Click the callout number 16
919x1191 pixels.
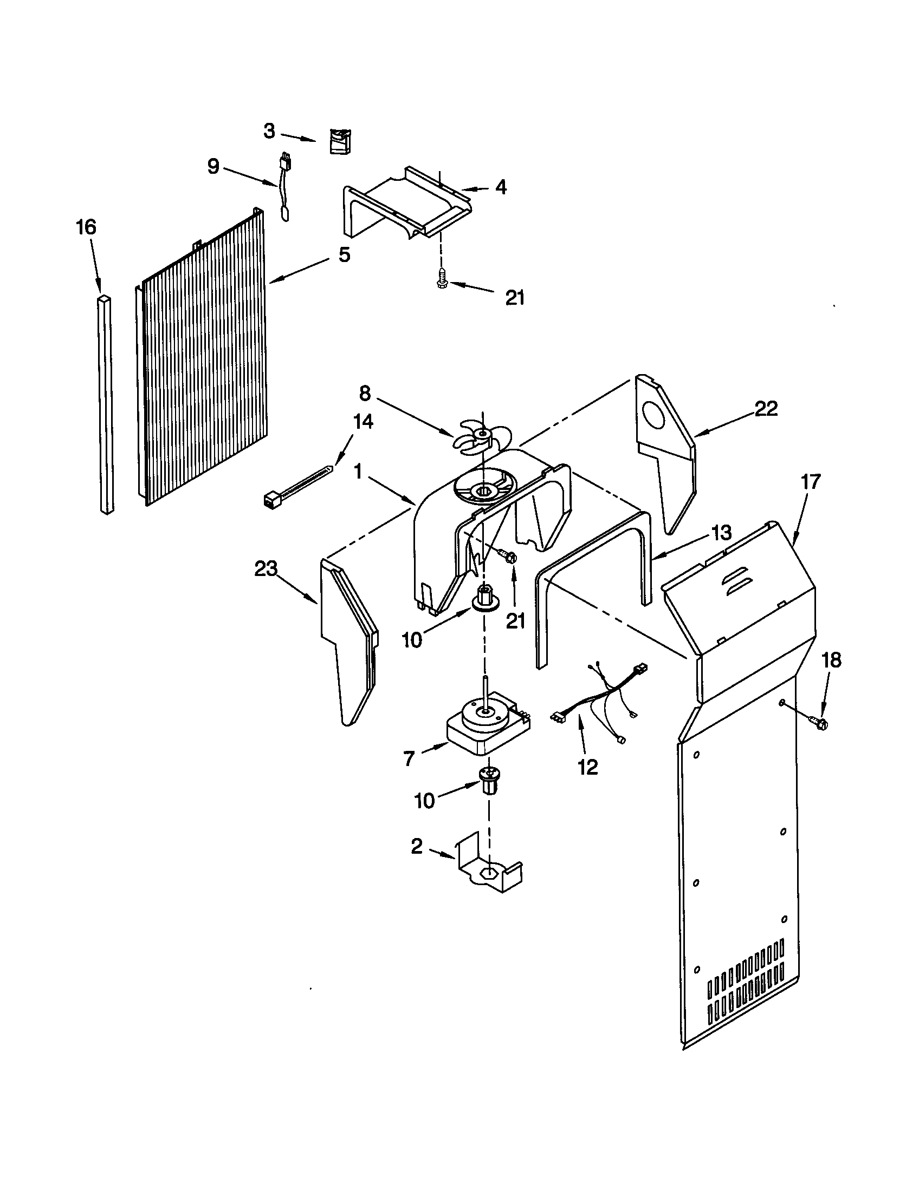(x=86, y=227)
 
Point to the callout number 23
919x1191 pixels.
(x=266, y=569)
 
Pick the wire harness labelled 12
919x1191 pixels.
(x=598, y=703)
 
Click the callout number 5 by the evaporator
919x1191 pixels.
(x=344, y=254)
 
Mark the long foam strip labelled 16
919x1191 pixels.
(x=106, y=403)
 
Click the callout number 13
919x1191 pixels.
(x=721, y=533)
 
